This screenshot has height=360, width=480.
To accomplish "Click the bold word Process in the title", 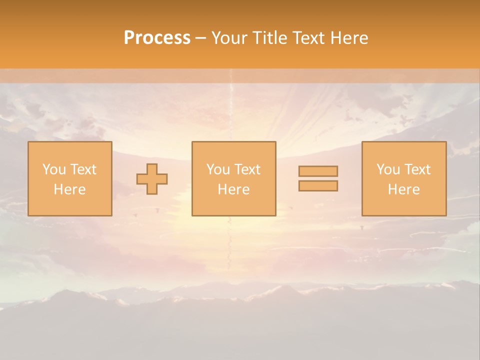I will click(157, 38).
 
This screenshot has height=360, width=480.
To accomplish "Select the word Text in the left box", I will click(83, 169).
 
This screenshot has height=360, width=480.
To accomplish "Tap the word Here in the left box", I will click(69, 189).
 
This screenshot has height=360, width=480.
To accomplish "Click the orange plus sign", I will click(152, 179).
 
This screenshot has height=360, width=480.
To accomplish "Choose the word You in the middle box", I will click(218, 169).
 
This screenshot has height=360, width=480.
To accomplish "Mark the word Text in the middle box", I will click(247, 169).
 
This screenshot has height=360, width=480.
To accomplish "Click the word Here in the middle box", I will click(233, 189).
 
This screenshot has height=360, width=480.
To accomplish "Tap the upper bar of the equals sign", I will click(318, 171).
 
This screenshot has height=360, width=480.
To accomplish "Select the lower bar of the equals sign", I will click(318, 185).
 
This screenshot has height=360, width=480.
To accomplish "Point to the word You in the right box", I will click(388, 169).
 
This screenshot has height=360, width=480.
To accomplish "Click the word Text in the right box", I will click(417, 169).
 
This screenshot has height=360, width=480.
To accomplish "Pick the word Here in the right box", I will click(403, 189).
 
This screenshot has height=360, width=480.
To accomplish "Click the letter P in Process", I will click(129, 38).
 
